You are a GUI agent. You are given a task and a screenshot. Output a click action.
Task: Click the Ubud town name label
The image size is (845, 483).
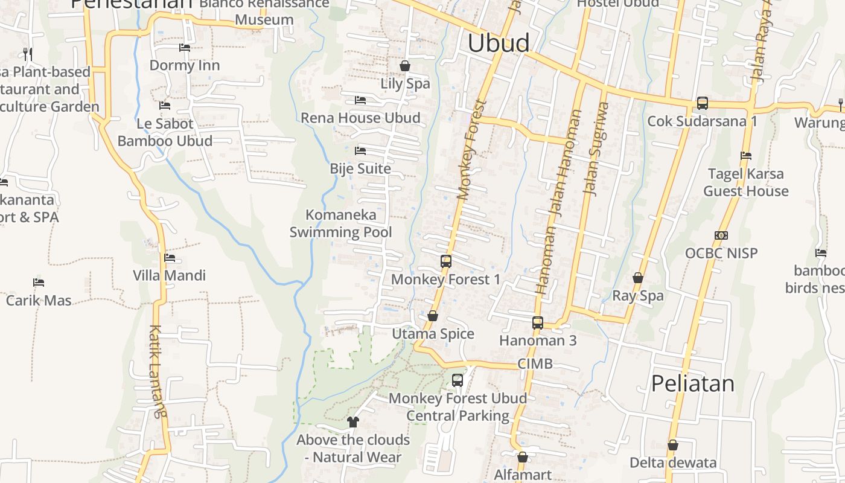click(x=499, y=43)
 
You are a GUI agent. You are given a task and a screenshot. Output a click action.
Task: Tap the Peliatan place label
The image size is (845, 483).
click(x=692, y=384)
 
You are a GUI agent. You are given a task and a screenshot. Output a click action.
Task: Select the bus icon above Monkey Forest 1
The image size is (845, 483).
click(x=446, y=261)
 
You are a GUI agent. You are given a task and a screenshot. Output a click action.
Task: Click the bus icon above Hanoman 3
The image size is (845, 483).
click(x=538, y=323)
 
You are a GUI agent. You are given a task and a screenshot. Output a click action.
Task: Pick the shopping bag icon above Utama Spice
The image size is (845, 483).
click(x=433, y=316)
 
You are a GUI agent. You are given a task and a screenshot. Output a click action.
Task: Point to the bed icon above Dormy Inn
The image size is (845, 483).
click(x=185, y=48)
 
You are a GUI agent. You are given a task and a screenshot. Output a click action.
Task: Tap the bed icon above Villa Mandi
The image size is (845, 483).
click(x=170, y=258)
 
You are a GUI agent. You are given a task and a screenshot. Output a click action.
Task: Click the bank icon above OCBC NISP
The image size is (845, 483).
click(x=721, y=235)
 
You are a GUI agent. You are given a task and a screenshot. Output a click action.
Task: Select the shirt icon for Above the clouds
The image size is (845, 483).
click(x=353, y=422)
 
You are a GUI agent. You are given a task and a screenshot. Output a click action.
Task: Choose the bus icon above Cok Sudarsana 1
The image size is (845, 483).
click(x=703, y=103)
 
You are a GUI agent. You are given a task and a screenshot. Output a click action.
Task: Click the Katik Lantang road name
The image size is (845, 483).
click(x=156, y=371)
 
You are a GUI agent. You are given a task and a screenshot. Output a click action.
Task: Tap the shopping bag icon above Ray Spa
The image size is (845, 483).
click(x=638, y=278)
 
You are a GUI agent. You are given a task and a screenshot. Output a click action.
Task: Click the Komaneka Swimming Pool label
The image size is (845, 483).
click(x=341, y=223)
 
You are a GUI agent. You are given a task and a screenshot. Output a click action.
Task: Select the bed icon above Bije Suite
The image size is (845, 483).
click(x=360, y=150)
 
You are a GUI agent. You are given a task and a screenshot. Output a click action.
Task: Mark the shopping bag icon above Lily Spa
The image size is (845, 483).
click(x=405, y=65)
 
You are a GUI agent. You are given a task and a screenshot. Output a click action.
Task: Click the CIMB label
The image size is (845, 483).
click(x=535, y=364)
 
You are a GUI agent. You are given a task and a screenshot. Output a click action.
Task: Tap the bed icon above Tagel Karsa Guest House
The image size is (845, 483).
click(x=746, y=156)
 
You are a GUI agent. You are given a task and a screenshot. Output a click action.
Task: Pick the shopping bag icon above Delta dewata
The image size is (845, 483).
click(x=673, y=445)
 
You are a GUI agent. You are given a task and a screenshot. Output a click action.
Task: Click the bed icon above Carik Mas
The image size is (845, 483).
click(x=39, y=283)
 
